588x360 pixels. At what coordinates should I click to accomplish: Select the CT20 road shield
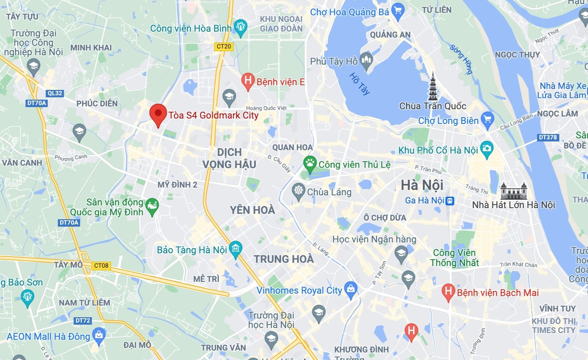[x=224, y=46]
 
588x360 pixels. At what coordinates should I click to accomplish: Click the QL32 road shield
[x=55, y=93]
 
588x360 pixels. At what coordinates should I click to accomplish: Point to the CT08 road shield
[x=101, y=266]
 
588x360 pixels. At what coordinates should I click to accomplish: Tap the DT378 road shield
[x=548, y=137]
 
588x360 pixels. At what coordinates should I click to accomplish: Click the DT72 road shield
[x=83, y=321]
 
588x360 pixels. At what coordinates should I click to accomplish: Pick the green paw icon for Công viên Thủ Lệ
[x=309, y=163]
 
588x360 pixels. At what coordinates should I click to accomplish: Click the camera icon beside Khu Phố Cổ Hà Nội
[x=487, y=149]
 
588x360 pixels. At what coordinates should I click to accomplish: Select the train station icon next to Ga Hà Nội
[x=450, y=201]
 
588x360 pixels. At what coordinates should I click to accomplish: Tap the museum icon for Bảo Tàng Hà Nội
[x=235, y=249]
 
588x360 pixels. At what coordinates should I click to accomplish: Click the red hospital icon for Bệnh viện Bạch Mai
[x=448, y=291]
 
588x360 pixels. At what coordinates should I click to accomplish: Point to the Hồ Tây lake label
[x=359, y=84]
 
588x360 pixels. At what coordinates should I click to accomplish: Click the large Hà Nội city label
[x=422, y=186]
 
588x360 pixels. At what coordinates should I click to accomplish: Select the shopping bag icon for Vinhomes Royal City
[x=351, y=289]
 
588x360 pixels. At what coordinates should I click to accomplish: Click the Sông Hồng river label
[x=461, y=59]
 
